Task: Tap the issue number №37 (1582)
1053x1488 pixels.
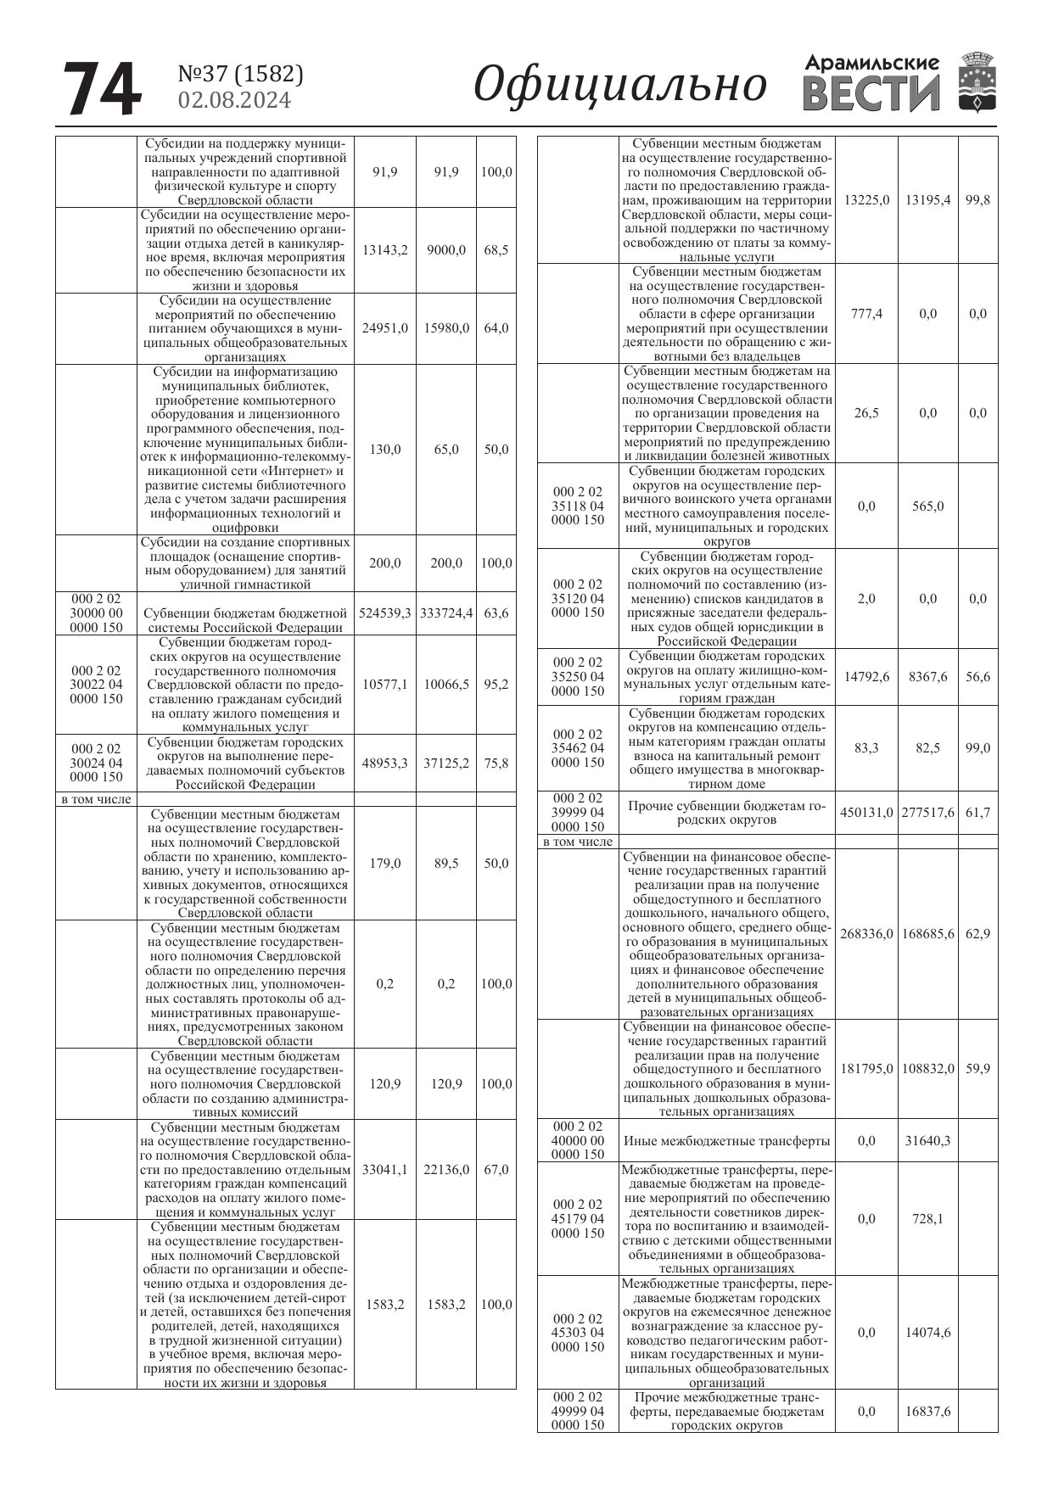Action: [240, 74]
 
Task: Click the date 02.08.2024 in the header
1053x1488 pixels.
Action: [234, 100]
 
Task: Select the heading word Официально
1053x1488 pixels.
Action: [619, 86]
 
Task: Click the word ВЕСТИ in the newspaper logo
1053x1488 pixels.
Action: [871, 94]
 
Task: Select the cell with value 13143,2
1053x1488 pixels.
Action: [384, 250]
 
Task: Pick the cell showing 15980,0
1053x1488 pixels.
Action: [446, 328]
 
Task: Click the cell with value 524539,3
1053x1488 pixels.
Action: [384, 613]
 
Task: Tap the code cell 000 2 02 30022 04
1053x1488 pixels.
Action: [96, 685]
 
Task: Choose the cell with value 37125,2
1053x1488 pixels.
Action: [446, 763]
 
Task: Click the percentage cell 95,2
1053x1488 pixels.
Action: [496, 685]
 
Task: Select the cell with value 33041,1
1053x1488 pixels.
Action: [384, 1169]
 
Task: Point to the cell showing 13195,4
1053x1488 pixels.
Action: [928, 200]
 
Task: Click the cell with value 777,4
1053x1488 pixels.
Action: [866, 314]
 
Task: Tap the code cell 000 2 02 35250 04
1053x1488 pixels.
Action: [578, 677]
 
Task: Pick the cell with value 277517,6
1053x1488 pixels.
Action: [928, 813]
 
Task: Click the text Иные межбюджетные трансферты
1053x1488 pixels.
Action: [727, 1141]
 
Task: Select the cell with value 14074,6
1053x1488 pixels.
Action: [928, 1332]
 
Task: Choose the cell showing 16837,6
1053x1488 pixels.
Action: [928, 1412]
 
